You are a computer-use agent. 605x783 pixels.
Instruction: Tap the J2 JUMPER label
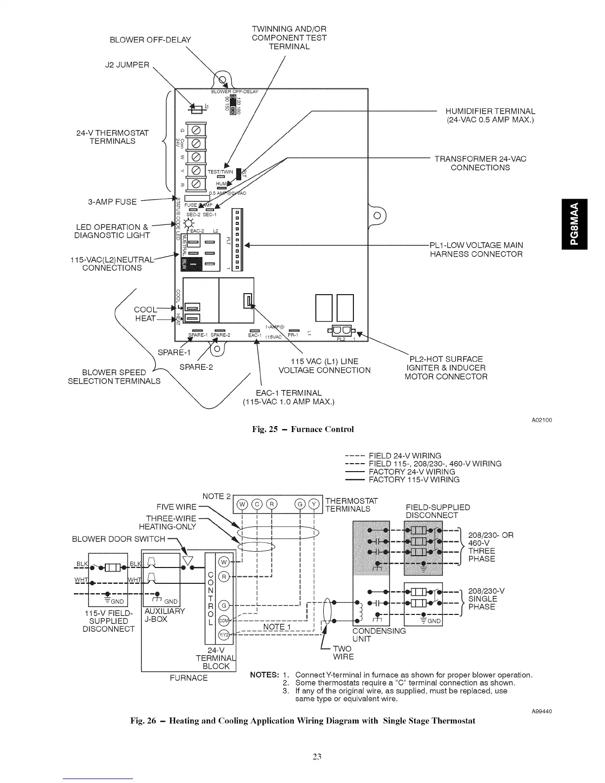(x=127, y=65)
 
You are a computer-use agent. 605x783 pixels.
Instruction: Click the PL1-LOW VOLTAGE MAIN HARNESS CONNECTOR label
(x=476, y=250)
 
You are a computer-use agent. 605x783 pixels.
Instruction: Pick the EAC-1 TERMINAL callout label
(x=289, y=397)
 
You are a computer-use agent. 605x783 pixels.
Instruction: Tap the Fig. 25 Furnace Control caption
(x=302, y=429)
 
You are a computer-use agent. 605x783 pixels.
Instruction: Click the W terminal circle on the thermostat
(x=242, y=504)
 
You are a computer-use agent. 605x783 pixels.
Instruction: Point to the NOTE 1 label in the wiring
(x=277, y=627)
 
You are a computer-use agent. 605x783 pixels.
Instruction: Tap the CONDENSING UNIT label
(x=379, y=635)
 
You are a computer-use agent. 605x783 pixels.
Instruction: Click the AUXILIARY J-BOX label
(x=164, y=615)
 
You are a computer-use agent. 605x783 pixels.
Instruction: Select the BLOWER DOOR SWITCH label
(x=119, y=539)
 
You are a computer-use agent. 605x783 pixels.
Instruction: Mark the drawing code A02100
(x=542, y=420)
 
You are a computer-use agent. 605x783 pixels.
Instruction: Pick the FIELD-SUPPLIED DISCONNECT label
(x=437, y=511)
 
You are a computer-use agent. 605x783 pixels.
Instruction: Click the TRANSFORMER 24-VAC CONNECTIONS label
(x=480, y=163)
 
